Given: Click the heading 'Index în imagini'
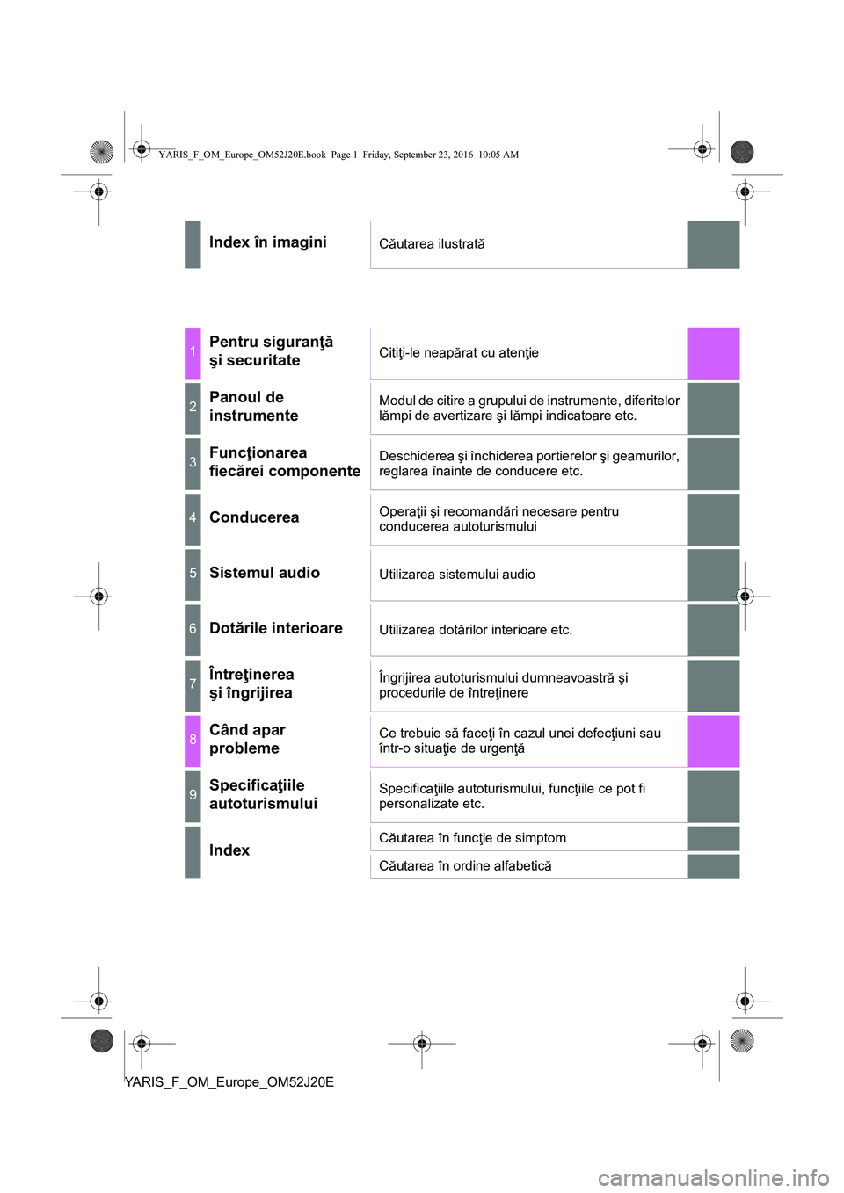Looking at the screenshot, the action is coord(267,242).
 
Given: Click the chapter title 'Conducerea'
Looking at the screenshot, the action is coord(254,517).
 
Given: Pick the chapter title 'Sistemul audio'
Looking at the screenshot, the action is coord(265,573).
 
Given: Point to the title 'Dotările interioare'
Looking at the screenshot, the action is coord(275,628).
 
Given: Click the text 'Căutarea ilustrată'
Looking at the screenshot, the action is coord(432,244).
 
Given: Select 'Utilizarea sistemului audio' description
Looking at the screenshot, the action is coord(456,575).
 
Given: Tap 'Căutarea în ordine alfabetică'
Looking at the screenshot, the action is coord(465,865).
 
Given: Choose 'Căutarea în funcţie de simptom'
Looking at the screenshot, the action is coord(472,838).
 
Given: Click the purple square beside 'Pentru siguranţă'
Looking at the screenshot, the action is coord(713,353).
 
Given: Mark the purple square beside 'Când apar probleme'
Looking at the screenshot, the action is coord(713,741).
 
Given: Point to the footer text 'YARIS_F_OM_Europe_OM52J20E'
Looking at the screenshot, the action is coord(229,1081).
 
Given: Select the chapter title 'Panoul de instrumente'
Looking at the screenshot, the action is coord(253,407).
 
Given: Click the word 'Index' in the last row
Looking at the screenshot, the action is coord(229,850).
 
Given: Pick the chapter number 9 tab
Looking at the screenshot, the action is coord(193,796).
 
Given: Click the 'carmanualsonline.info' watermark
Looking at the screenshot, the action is coord(713,1178).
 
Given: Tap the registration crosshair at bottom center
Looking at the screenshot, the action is coord(421,1044).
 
